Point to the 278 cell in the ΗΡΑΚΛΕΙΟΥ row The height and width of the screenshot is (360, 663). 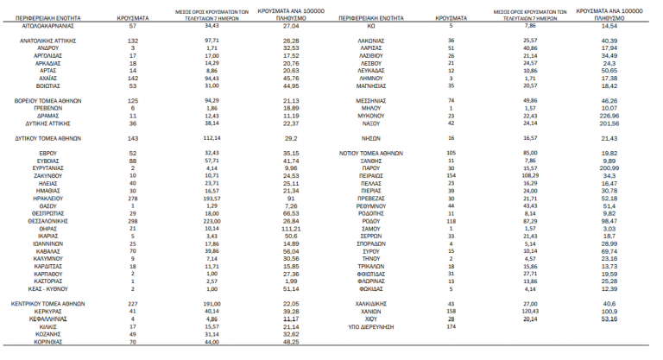pos(133,199)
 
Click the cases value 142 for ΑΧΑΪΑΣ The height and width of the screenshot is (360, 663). pos(133,78)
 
